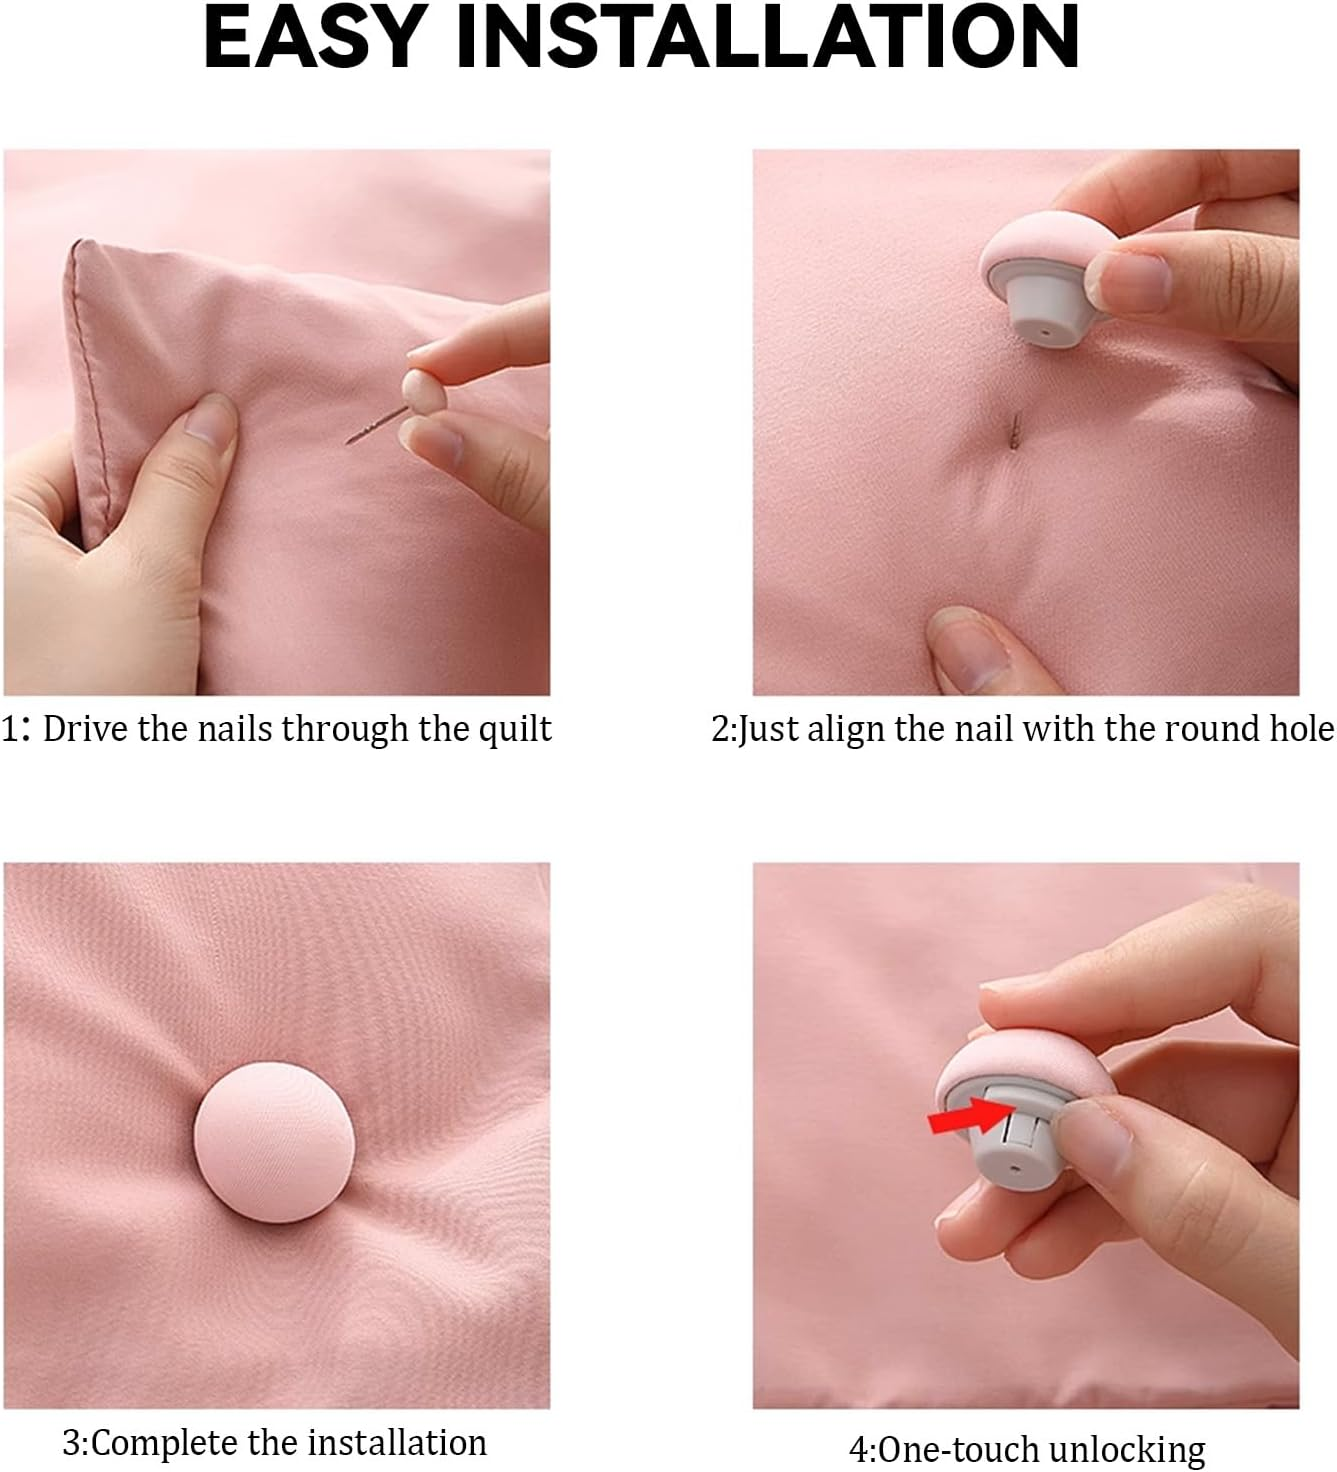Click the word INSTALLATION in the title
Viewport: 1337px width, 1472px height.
pyautogui.click(x=769, y=38)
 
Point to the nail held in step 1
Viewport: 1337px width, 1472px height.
pyautogui.click(x=376, y=426)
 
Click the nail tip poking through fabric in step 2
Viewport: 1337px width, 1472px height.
pyautogui.click(x=1016, y=428)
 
